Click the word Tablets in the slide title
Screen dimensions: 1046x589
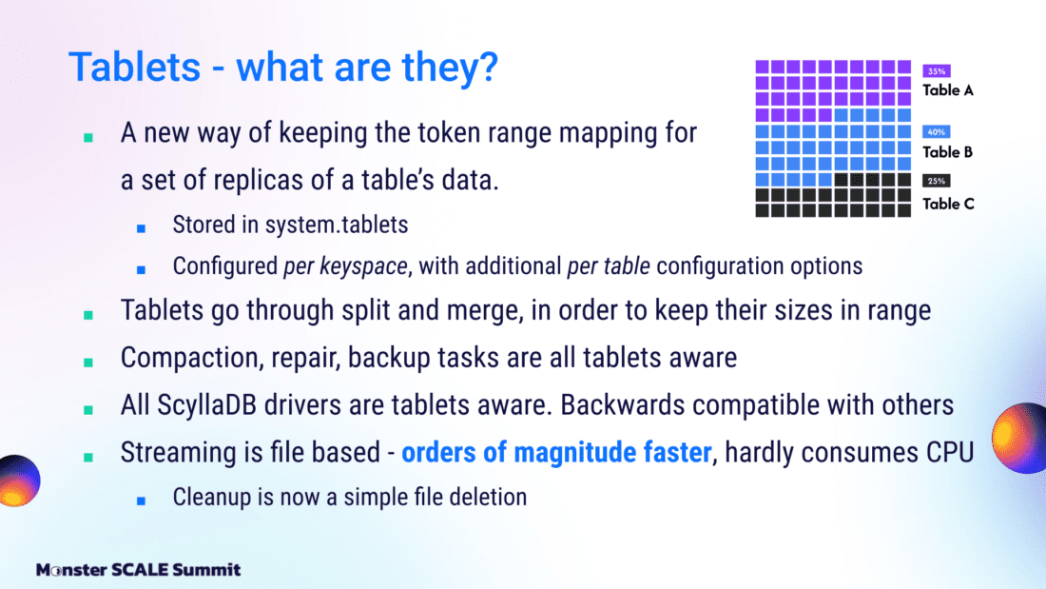click(135, 67)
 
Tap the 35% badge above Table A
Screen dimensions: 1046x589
click(937, 70)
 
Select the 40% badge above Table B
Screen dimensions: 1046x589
click(937, 131)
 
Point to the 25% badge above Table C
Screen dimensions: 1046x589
click(937, 181)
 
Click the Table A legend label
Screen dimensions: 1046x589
click(948, 90)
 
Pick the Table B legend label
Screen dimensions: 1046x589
click(948, 152)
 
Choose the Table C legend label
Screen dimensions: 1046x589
click(949, 204)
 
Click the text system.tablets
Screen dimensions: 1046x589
click(337, 226)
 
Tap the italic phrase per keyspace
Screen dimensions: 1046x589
click(345, 266)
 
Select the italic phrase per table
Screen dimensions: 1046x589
click(609, 266)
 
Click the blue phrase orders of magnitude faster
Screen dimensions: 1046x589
click(556, 453)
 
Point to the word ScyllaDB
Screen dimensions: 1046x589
click(206, 405)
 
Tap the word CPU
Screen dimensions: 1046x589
click(950, 453)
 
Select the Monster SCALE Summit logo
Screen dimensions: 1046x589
click(138, 570)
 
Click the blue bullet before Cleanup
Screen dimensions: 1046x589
click(141, 501)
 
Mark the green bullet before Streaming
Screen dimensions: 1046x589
click(88, 457)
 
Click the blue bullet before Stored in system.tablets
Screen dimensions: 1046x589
click(141, 228)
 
